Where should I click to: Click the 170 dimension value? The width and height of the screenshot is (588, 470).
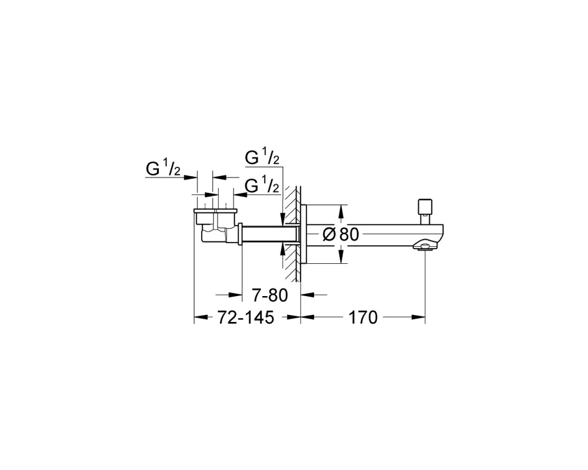coord(363,318)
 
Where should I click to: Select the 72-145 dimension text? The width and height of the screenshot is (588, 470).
coord(246,318)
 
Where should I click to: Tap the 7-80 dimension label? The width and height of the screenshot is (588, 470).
coord(270,295)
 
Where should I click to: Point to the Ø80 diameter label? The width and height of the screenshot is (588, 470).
coord(341,234)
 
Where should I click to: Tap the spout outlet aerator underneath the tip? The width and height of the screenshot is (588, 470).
coord(425,246)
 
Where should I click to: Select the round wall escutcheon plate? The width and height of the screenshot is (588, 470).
coord(304,234)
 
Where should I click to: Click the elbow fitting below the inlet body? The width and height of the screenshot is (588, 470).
coord(215,234)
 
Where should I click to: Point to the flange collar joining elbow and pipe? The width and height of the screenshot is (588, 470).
coord(240,234)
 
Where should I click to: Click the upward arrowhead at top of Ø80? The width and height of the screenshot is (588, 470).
coord(340,211)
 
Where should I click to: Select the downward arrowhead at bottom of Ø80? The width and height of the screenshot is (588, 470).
coord(340,257)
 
